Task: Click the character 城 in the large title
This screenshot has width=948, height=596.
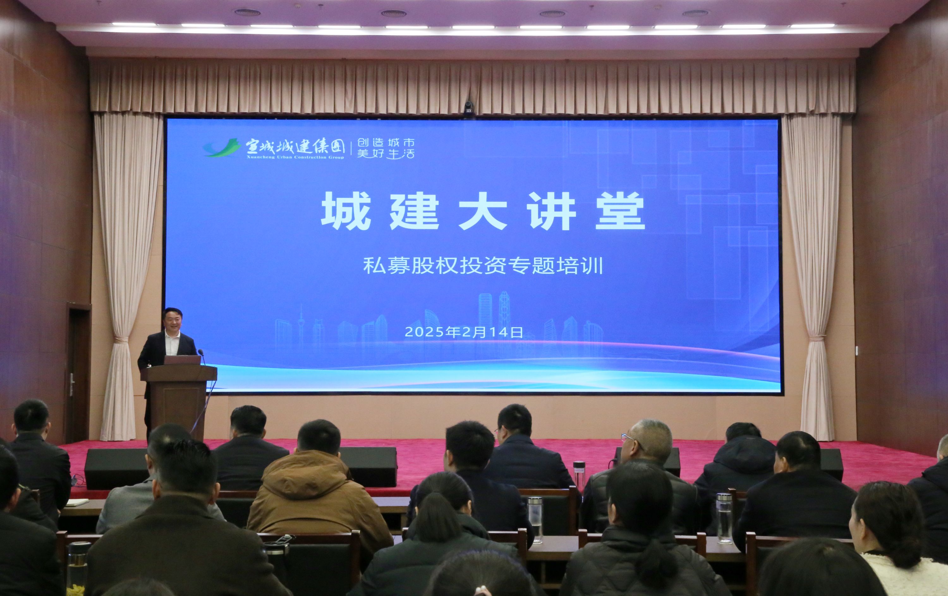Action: tap(346, 211)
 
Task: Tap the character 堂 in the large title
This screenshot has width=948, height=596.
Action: tap(620, 211)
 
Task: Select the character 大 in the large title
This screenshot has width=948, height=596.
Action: tap(483, 211)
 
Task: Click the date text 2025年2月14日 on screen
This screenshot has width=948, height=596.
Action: tap(464, 332)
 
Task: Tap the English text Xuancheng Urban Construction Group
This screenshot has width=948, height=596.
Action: tap(295, 157)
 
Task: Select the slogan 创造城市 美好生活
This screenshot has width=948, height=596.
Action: tap(386, 148)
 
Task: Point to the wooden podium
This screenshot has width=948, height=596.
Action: tap(179, 401)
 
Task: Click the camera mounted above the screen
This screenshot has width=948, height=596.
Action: tap(469, 107)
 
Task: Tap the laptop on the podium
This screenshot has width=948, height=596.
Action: tap(183, 360)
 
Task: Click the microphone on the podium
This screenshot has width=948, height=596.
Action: tap(202, 356)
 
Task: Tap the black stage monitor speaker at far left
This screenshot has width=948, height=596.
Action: tap(116, 468)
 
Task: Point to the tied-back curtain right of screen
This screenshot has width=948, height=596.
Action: tap(812, 275)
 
